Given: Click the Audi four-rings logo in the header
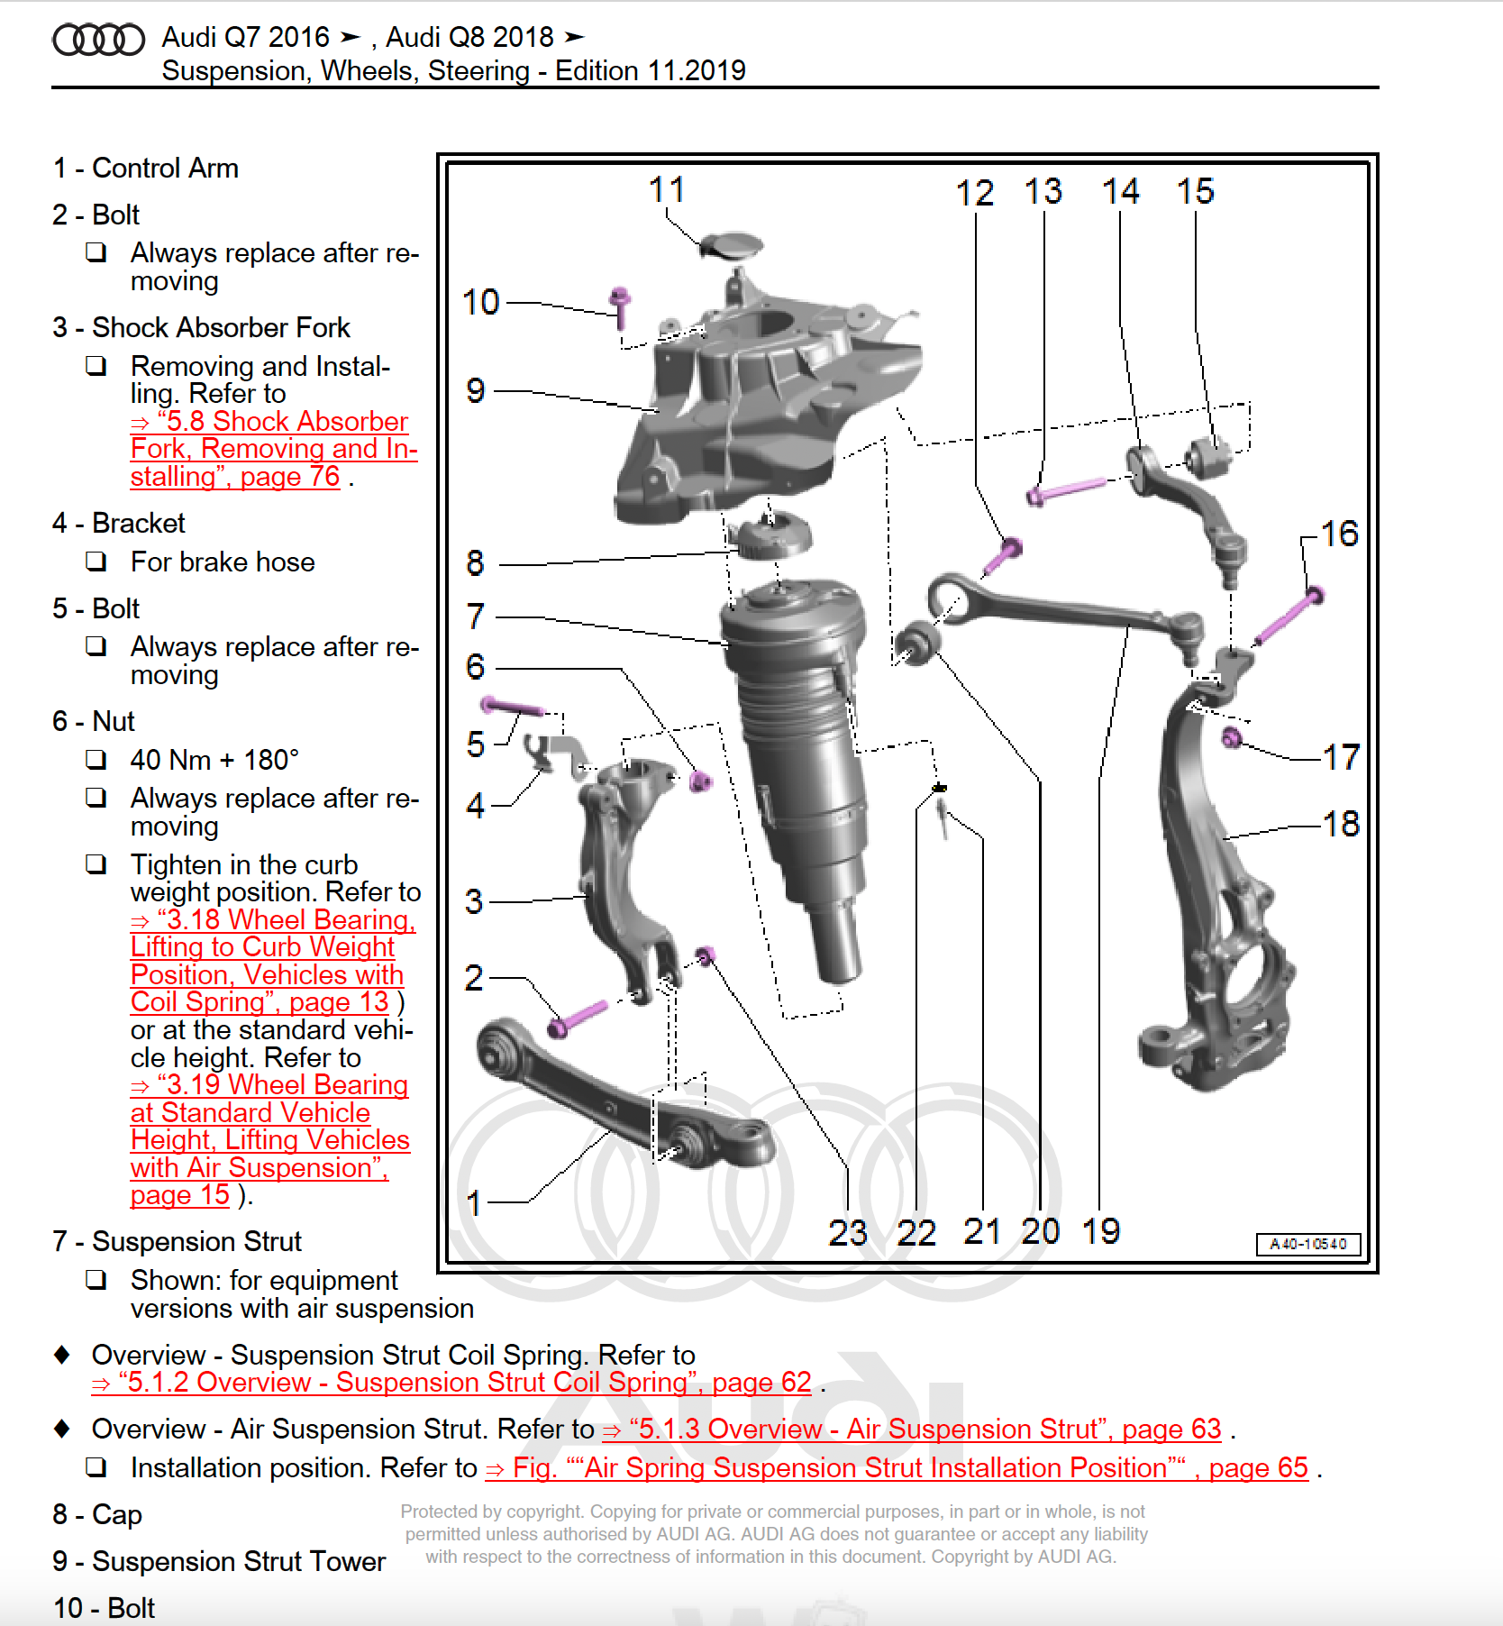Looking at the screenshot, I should pos(98,40).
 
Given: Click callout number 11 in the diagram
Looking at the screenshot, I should pos(667,189).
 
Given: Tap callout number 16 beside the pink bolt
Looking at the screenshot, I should pos(1339,534).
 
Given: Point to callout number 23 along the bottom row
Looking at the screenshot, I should pos(847,1232).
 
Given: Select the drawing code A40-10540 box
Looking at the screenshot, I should pos(1307,1244).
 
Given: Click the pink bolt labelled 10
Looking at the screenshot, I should pos(619,306).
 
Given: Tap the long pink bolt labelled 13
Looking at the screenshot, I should pos(1068,489).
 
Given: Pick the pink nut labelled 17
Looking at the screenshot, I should pos(1231,738).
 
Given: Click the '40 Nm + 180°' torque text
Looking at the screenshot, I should pos(214,760).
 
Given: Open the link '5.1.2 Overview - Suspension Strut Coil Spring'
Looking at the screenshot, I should pos(451,1383).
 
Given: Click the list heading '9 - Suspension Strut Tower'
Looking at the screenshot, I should pos(219,1561).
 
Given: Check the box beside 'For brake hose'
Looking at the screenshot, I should pos(96,562).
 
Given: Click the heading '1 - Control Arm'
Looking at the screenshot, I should pos(146,168).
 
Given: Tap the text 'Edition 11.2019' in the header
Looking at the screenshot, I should pos(650,70).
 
